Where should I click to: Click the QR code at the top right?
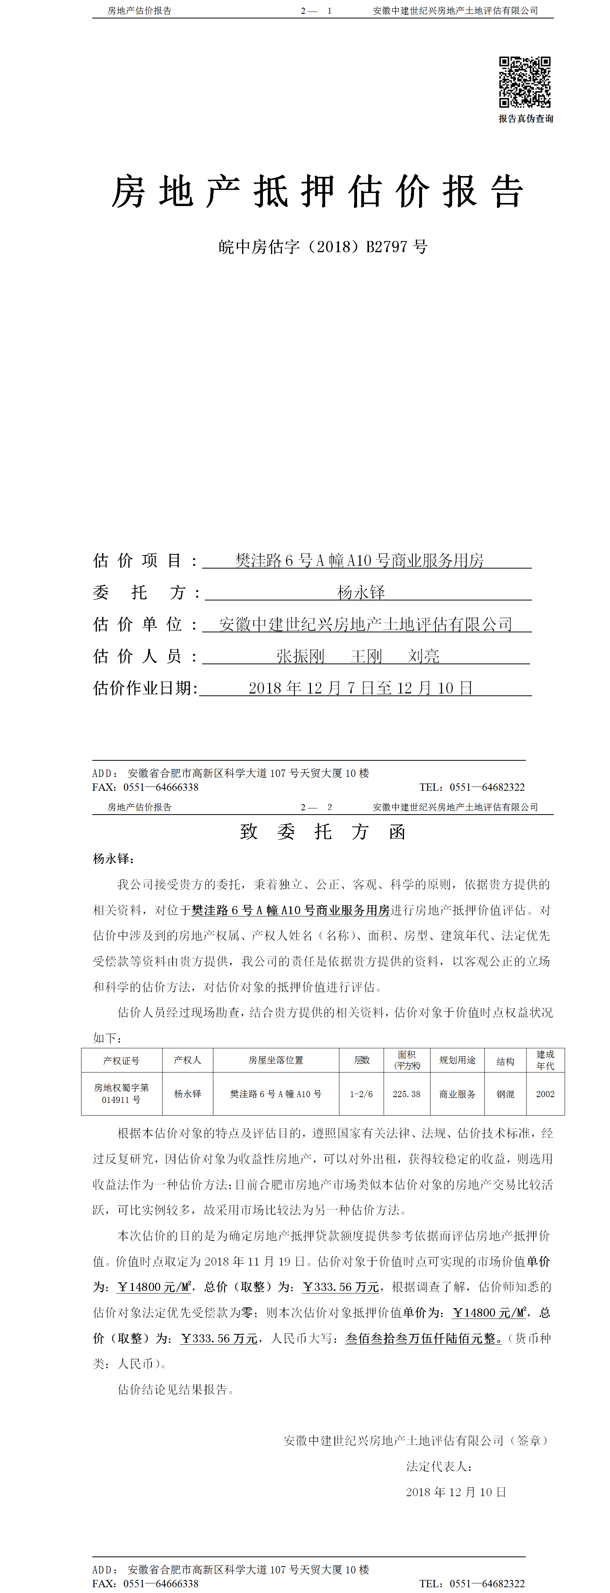[524, 82]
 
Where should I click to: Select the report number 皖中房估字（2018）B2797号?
[322, 247]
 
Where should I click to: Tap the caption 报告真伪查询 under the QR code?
[525, 119]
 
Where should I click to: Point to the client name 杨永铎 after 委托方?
[361, 592]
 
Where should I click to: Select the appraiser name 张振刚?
[300, 656]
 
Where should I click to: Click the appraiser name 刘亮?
[423, 656]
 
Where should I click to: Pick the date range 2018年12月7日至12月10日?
[360, 688]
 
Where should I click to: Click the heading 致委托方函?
[322, 832]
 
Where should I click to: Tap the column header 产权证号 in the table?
[121, 1061]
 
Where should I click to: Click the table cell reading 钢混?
[505, 1094]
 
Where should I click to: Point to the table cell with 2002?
[545, 1094]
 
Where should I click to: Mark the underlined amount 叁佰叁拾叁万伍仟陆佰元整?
[423, 1338]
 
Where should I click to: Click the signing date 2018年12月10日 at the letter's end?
[456, 1492]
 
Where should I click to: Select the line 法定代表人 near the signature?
[439, 1466]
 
